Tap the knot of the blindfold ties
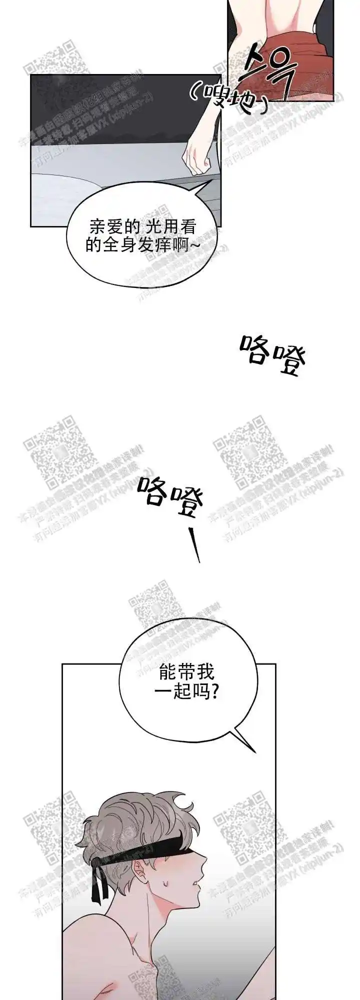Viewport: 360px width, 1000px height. coord(97,863)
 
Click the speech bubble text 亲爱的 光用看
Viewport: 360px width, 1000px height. coord(142,228)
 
